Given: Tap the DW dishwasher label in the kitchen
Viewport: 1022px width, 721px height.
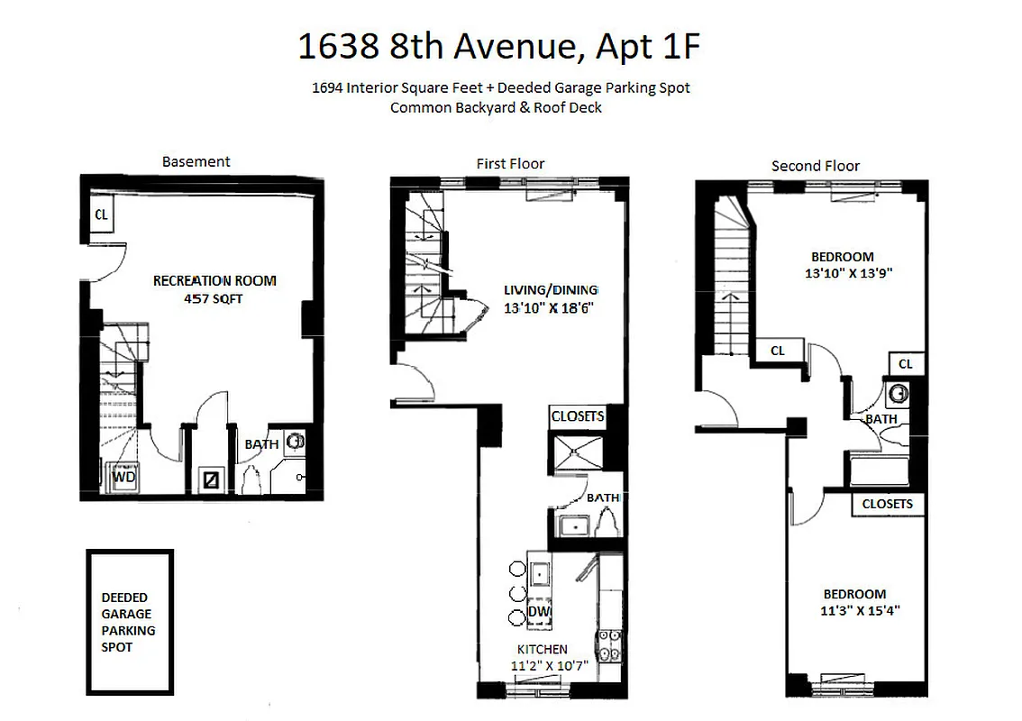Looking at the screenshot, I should [x=539, y=612].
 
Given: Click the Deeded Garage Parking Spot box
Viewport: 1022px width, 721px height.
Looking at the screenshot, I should [x=130, y=622].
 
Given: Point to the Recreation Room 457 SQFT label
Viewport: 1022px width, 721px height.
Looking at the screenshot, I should [x=214, y=288].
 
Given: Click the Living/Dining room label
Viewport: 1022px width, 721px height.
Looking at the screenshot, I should [x=550, y=290].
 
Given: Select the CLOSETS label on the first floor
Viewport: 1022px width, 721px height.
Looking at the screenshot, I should [x=577, y=417].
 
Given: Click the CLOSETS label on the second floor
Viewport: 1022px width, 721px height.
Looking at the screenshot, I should [x=888, y=504].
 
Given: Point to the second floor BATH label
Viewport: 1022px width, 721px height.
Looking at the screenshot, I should [x=881, y=419].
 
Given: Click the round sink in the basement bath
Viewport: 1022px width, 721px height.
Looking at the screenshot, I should [x=295, y=443].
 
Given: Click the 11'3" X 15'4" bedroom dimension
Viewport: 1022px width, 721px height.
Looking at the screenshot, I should [x=853, y=610].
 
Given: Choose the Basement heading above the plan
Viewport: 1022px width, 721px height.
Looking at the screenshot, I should [x=196, y=162].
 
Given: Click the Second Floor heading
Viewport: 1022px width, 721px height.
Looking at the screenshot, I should [x=815, y=166].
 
